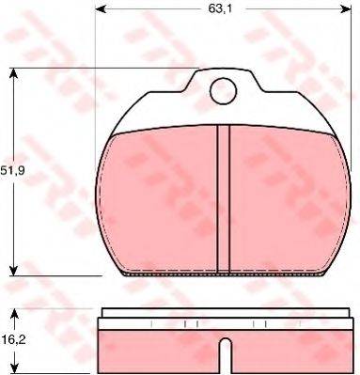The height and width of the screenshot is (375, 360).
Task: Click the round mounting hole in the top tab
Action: click(x=223, y=91)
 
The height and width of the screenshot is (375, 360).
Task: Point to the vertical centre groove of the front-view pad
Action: click(x=224, y=197)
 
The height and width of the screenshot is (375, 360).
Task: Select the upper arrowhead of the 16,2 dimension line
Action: click(x=12, y=311)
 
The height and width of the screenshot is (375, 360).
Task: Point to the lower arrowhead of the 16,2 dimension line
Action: click(x=12, y=369)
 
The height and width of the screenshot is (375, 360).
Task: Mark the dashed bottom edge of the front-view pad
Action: click(x=224, y=273)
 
